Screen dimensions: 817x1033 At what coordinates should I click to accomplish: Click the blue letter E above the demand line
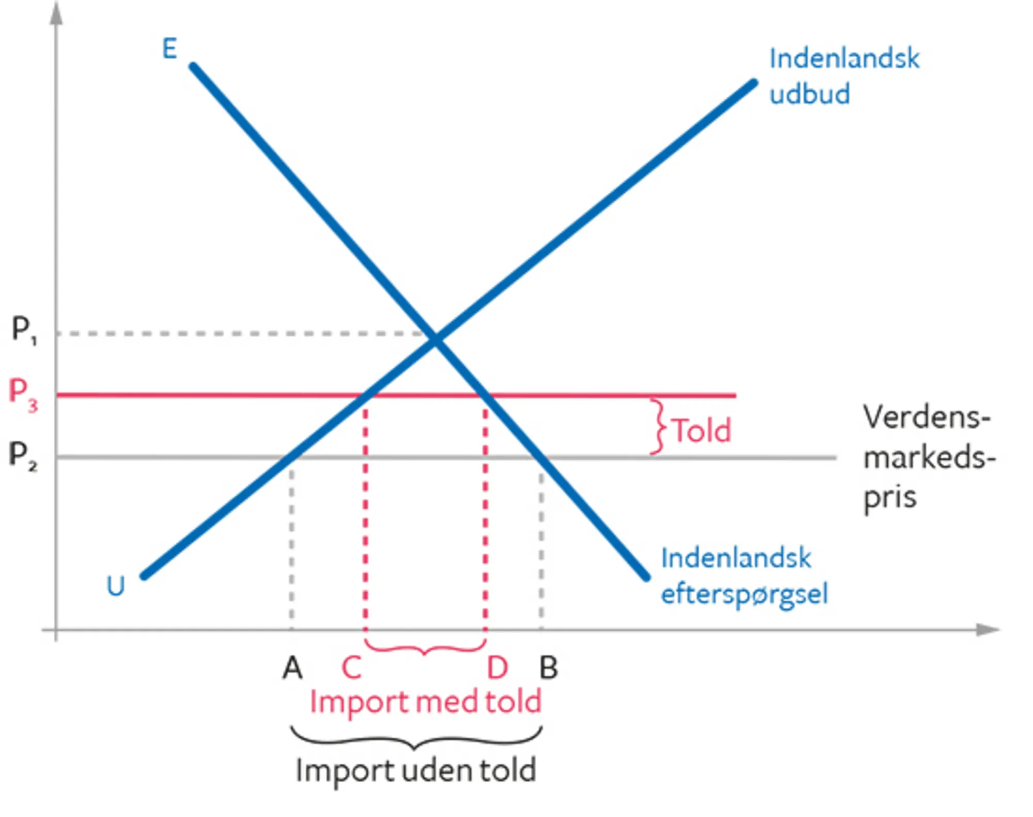[169, 49]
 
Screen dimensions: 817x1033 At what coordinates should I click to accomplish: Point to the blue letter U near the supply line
[115, 586]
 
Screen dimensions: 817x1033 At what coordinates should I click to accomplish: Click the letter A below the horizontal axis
[292, 668]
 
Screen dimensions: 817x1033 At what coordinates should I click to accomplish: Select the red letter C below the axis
[351, 668]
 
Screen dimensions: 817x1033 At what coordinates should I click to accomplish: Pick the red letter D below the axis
[497, 668]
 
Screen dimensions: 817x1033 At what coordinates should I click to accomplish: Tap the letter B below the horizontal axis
[549, 668]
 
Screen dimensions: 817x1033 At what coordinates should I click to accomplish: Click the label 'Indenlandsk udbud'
[844, 76]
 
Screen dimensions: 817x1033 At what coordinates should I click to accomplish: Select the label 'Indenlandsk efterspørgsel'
[744, 576]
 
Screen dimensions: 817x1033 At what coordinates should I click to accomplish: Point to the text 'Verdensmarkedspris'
[928, 458]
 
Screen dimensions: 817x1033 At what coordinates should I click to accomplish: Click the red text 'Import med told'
[425, 702]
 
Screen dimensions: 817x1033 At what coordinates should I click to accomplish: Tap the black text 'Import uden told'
[416, 771]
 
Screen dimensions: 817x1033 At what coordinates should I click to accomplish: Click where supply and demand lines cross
[435, 339]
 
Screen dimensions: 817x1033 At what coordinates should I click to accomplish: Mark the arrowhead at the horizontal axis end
[989, 630]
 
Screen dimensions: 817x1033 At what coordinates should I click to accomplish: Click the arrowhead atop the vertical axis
[56, 13]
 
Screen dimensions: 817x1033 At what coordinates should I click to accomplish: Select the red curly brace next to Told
[658, 427]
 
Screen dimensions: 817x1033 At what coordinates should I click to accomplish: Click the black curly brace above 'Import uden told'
[416, 739]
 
